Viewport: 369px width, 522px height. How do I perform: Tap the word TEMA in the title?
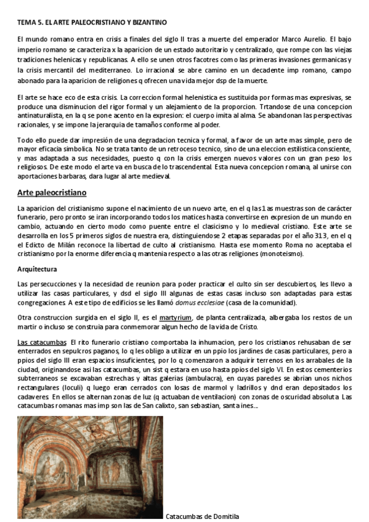coord(27,23)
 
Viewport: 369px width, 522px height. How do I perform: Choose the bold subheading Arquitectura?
coord(38,269)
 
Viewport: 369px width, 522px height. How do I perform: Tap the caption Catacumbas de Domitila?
coord(202,516)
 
